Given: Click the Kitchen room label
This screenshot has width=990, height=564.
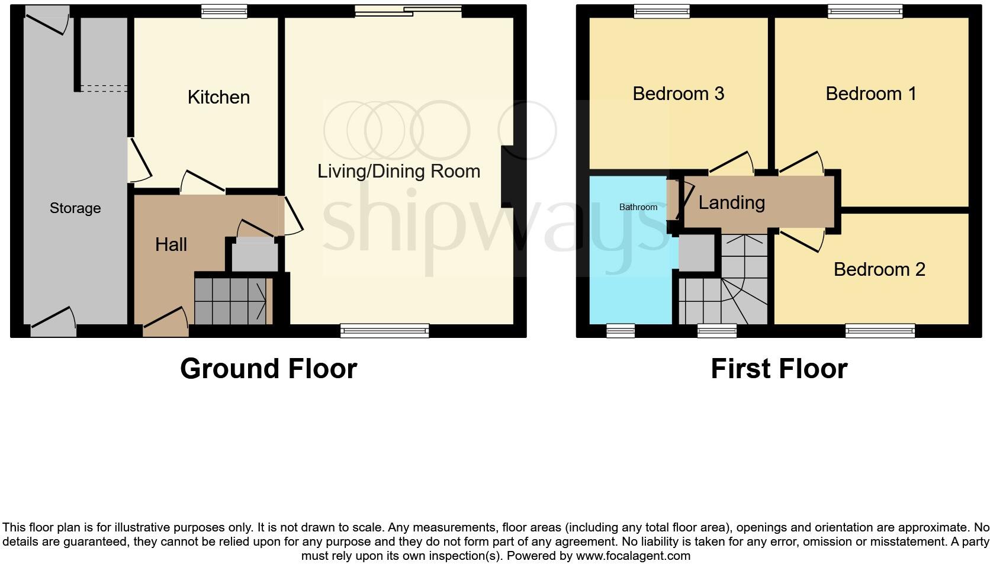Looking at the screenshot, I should (x=218, y=97).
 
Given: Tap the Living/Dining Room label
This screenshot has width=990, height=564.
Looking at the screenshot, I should (x=398, y=171).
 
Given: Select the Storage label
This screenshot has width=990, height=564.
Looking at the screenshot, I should (x=75, y=208).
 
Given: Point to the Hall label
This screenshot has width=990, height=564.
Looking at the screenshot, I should (x=171, y=244).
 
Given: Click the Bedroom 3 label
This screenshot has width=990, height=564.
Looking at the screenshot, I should (x=678, y=94).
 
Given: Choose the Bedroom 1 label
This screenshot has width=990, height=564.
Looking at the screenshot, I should (x=871, y=94).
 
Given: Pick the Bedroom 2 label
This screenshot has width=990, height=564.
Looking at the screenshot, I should (x=879, y=269).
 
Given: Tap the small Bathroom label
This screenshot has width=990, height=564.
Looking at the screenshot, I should (x=638, y=207).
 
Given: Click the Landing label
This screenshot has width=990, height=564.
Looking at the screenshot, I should (x=731, y=202).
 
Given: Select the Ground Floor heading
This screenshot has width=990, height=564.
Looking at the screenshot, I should (x=268, y=369).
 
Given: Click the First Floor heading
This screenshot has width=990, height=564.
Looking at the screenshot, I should (x=779, y=369).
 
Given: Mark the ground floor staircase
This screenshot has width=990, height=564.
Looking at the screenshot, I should (x=231, y=301).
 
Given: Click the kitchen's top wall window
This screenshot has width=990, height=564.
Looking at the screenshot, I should (x=223, y=11).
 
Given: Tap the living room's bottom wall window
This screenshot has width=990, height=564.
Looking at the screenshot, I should (x=384, y=331).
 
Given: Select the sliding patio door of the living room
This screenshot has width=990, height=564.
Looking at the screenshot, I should (x=407, y=10).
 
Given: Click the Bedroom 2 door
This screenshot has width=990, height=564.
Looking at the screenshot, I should (x=802, y=239).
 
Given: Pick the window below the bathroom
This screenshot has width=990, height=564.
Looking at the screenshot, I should (x=621, y=331).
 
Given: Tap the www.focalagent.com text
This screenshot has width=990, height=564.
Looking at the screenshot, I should (x=633, y=556).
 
